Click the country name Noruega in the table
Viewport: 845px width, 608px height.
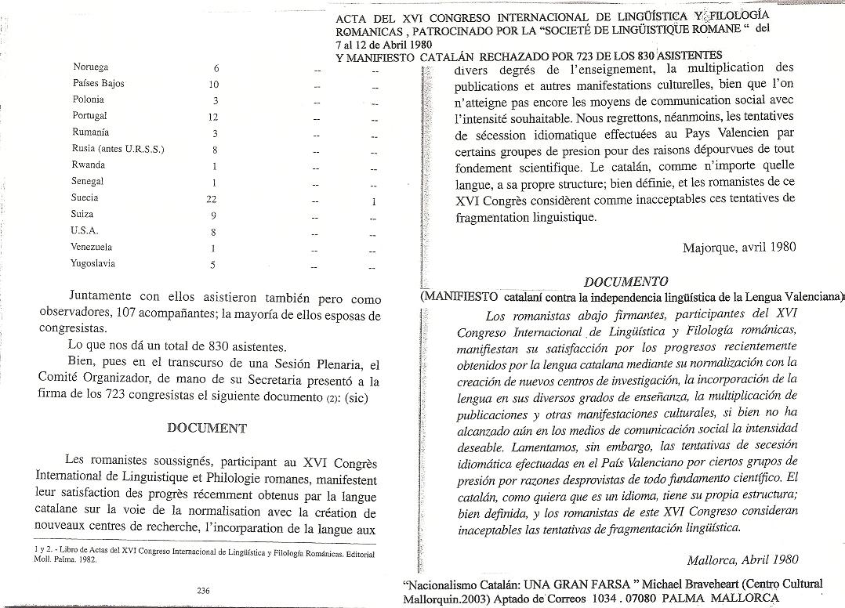tap(90, 67)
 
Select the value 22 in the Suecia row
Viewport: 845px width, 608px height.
tap(212, 199)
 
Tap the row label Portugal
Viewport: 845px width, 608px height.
tap(89, 116)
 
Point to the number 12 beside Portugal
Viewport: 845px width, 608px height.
tap(212, 117)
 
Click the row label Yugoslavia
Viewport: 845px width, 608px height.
tap(93, 264)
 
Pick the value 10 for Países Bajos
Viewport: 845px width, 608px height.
tap(213, 84)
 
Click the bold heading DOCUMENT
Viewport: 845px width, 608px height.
tap(208, 428)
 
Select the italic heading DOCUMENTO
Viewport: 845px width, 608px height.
tap(626, 281)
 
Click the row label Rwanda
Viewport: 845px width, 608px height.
tap(88, 165)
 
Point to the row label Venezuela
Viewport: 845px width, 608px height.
tap(92, 248)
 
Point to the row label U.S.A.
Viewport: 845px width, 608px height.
tap(84, 231)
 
